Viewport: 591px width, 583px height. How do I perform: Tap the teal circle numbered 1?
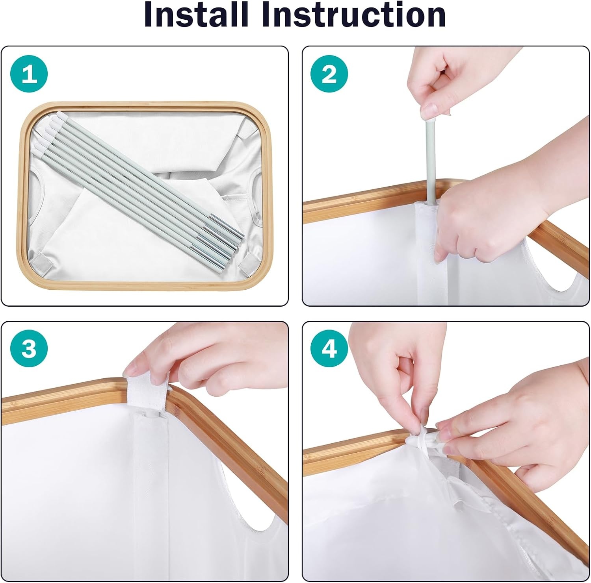[29, 74]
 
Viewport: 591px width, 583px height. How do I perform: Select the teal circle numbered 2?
[329, 74]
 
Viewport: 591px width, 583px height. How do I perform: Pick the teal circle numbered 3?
[29, 348]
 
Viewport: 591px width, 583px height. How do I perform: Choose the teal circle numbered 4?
[329, 348]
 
